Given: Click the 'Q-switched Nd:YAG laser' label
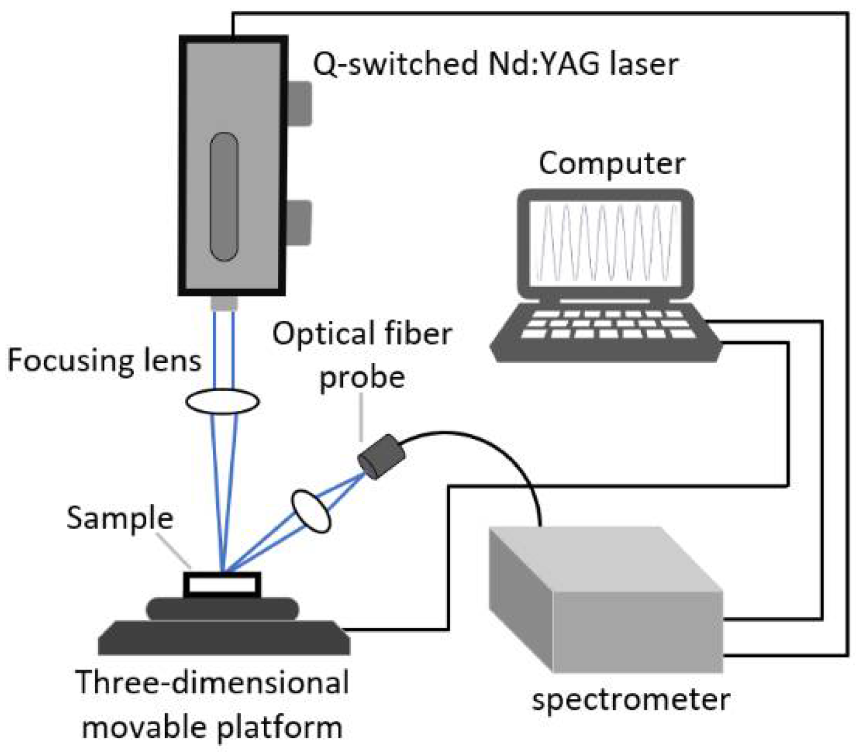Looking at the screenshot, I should coord(495,63).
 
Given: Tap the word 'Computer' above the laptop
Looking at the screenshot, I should coord(611,164).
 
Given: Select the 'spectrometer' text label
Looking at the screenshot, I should coord(631,699).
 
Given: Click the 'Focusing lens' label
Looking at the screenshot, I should coord(104,361).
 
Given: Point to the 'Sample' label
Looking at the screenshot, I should coord(120,518).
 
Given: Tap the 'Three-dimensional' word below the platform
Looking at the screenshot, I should coord(212,683).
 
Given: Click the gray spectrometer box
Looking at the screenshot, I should coord(605,599).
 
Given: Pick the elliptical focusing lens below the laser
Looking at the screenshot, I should coord(223,401).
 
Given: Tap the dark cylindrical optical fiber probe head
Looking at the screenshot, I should coord(382,457).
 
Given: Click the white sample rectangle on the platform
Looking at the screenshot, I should coord(222,585).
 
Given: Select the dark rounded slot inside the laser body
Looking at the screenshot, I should coord(224,197).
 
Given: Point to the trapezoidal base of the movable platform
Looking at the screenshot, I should coord(224,637).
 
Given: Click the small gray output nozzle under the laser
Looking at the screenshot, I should coord(224,303).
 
